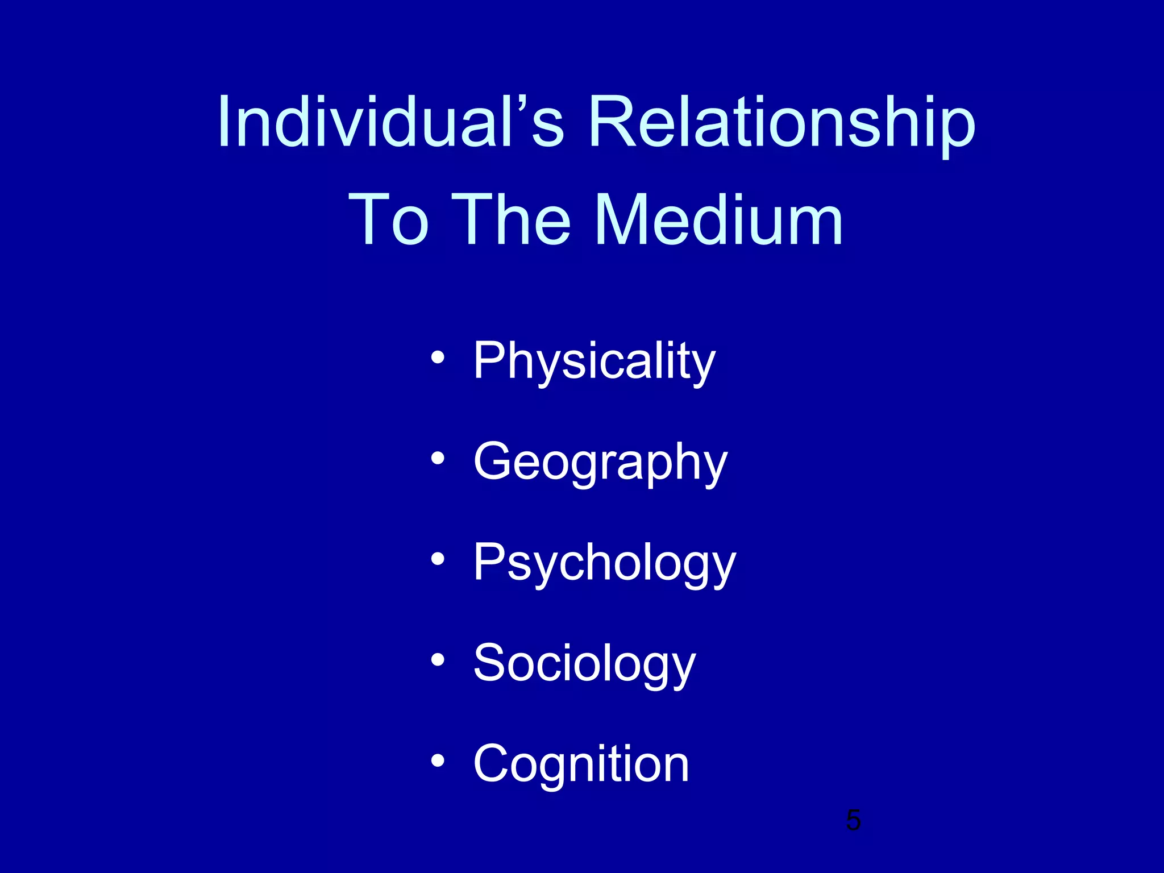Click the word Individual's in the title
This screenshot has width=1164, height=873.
390,122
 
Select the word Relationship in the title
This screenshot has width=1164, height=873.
781,122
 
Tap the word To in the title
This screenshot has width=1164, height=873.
389,220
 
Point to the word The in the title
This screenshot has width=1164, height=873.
514,220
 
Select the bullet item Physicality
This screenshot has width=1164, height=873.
594,361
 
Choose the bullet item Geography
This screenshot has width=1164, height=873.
600,462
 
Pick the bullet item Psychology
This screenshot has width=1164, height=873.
604,562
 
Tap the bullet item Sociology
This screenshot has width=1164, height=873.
584,663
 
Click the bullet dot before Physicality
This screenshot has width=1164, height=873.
437,357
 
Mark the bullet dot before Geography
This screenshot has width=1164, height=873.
437,458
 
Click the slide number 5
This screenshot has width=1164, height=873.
853,820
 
